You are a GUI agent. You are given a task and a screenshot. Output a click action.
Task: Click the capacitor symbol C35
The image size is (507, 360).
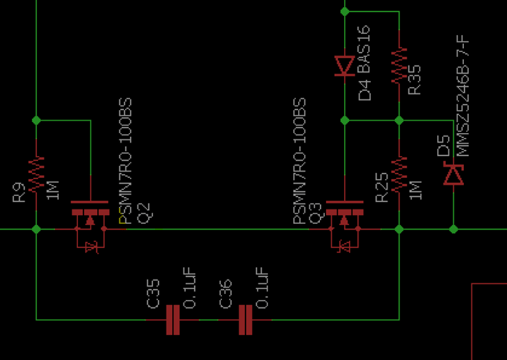[x=173, y=320]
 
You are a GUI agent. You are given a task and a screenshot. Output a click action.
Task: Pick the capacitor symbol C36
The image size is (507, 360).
[x=245, y=320]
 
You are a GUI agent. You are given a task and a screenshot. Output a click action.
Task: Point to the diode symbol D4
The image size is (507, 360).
[x=344, y=65]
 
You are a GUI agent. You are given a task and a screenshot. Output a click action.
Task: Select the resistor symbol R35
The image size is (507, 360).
[x=399, y=66]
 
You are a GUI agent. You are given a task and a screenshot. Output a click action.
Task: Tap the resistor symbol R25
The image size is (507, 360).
[x=399, y=174]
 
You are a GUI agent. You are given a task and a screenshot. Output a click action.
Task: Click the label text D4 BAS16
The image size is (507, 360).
[x=365, y=63]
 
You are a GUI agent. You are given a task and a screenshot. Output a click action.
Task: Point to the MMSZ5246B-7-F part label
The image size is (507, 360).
[x=462, y=96]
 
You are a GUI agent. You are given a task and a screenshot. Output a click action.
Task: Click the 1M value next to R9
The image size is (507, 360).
[x=54, y=189]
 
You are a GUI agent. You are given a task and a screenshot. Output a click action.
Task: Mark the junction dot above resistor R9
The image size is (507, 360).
[x=36, y=120]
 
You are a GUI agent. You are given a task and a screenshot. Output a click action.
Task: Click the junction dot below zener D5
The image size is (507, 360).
[x=454, y=229]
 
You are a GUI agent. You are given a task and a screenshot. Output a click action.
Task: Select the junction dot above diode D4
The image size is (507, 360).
[x=344, y=11]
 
